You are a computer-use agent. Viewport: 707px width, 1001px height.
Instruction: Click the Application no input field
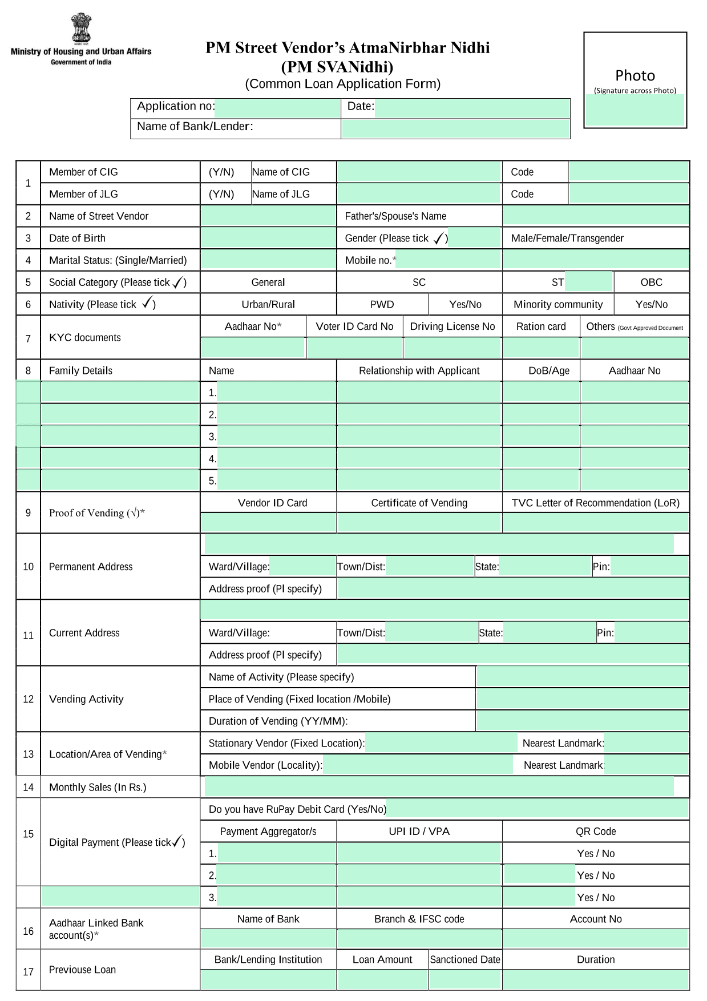pyautogui.click(x=277, y=107)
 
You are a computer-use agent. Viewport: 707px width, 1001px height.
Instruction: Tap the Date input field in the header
pyautogui.click(x=472, y=107)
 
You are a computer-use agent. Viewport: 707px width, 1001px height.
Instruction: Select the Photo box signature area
pyautogui.click(x=635, y=110)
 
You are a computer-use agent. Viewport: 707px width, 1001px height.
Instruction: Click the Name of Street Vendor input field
pyautogui.click(x=268, y=216)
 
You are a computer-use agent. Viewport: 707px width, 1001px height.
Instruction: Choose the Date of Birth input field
pyautogui.click(x=268, y=238)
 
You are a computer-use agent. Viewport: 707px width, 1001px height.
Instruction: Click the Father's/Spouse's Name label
pyautogui.click(x=395, y=216)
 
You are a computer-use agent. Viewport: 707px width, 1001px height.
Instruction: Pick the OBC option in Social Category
pyautogui.click(x=651, y=282)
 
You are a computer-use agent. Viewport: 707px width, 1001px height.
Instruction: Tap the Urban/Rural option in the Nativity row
pyautogui.click(x=268, y=304)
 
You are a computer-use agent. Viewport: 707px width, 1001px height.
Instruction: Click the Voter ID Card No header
pyautogui.click(x=354, y=326)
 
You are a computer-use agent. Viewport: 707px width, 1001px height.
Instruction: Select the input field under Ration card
pyautogui.click(x=540, y=348)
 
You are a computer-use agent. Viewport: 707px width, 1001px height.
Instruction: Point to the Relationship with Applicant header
pyautogui.click(x=419, y=371)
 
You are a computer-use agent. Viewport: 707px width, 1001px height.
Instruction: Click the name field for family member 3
pyautogui.click(x=276, y=437)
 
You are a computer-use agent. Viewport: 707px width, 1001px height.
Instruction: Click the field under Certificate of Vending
pyautogui.click(x=419, y=523)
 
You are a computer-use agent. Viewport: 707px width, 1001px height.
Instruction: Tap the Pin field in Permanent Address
pyautogui.click(x=649, y=567)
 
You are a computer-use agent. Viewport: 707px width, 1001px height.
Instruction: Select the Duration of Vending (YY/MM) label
pyautogui.click(x=278, y=721)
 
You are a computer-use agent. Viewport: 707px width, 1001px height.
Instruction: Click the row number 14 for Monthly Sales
pyautogui.click(x=28, y=788)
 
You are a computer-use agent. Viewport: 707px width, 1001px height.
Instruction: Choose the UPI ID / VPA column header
pyautogui.click(x=419, y=832)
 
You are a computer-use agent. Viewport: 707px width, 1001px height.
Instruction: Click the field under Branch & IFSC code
pyautogui.click(x=419, y=939)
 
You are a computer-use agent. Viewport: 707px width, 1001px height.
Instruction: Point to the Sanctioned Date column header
pyautogui.click(x=464, y=960)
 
